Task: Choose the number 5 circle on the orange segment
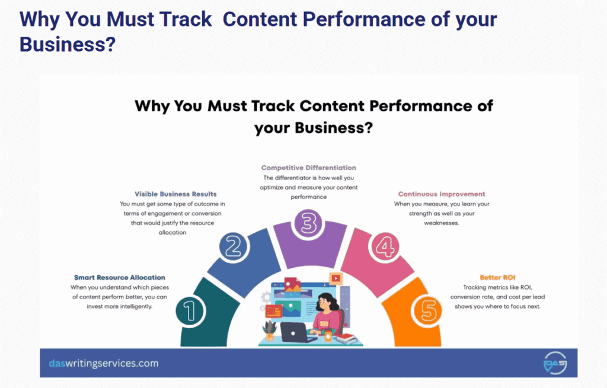430,310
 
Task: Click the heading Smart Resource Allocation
120,277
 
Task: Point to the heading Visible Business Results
175,194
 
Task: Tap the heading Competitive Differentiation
309,168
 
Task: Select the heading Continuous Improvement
442,194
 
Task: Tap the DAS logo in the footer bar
555,363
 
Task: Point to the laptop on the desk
295,332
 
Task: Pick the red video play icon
336,277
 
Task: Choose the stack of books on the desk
346,338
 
